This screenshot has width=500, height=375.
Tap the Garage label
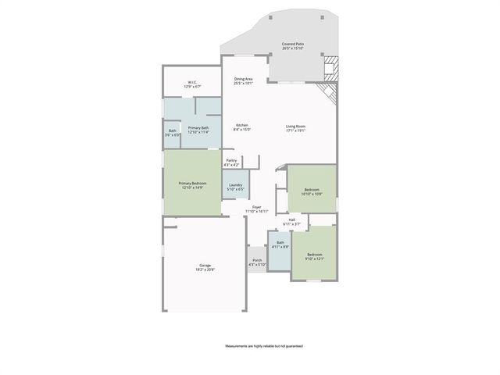coord(205,267)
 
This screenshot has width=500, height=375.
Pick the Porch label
coord(257,262)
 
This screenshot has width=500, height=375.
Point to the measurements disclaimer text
coord(264,345)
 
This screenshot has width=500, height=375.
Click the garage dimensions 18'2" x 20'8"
coord(205,270)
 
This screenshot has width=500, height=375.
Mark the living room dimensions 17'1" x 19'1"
coord(295,130)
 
